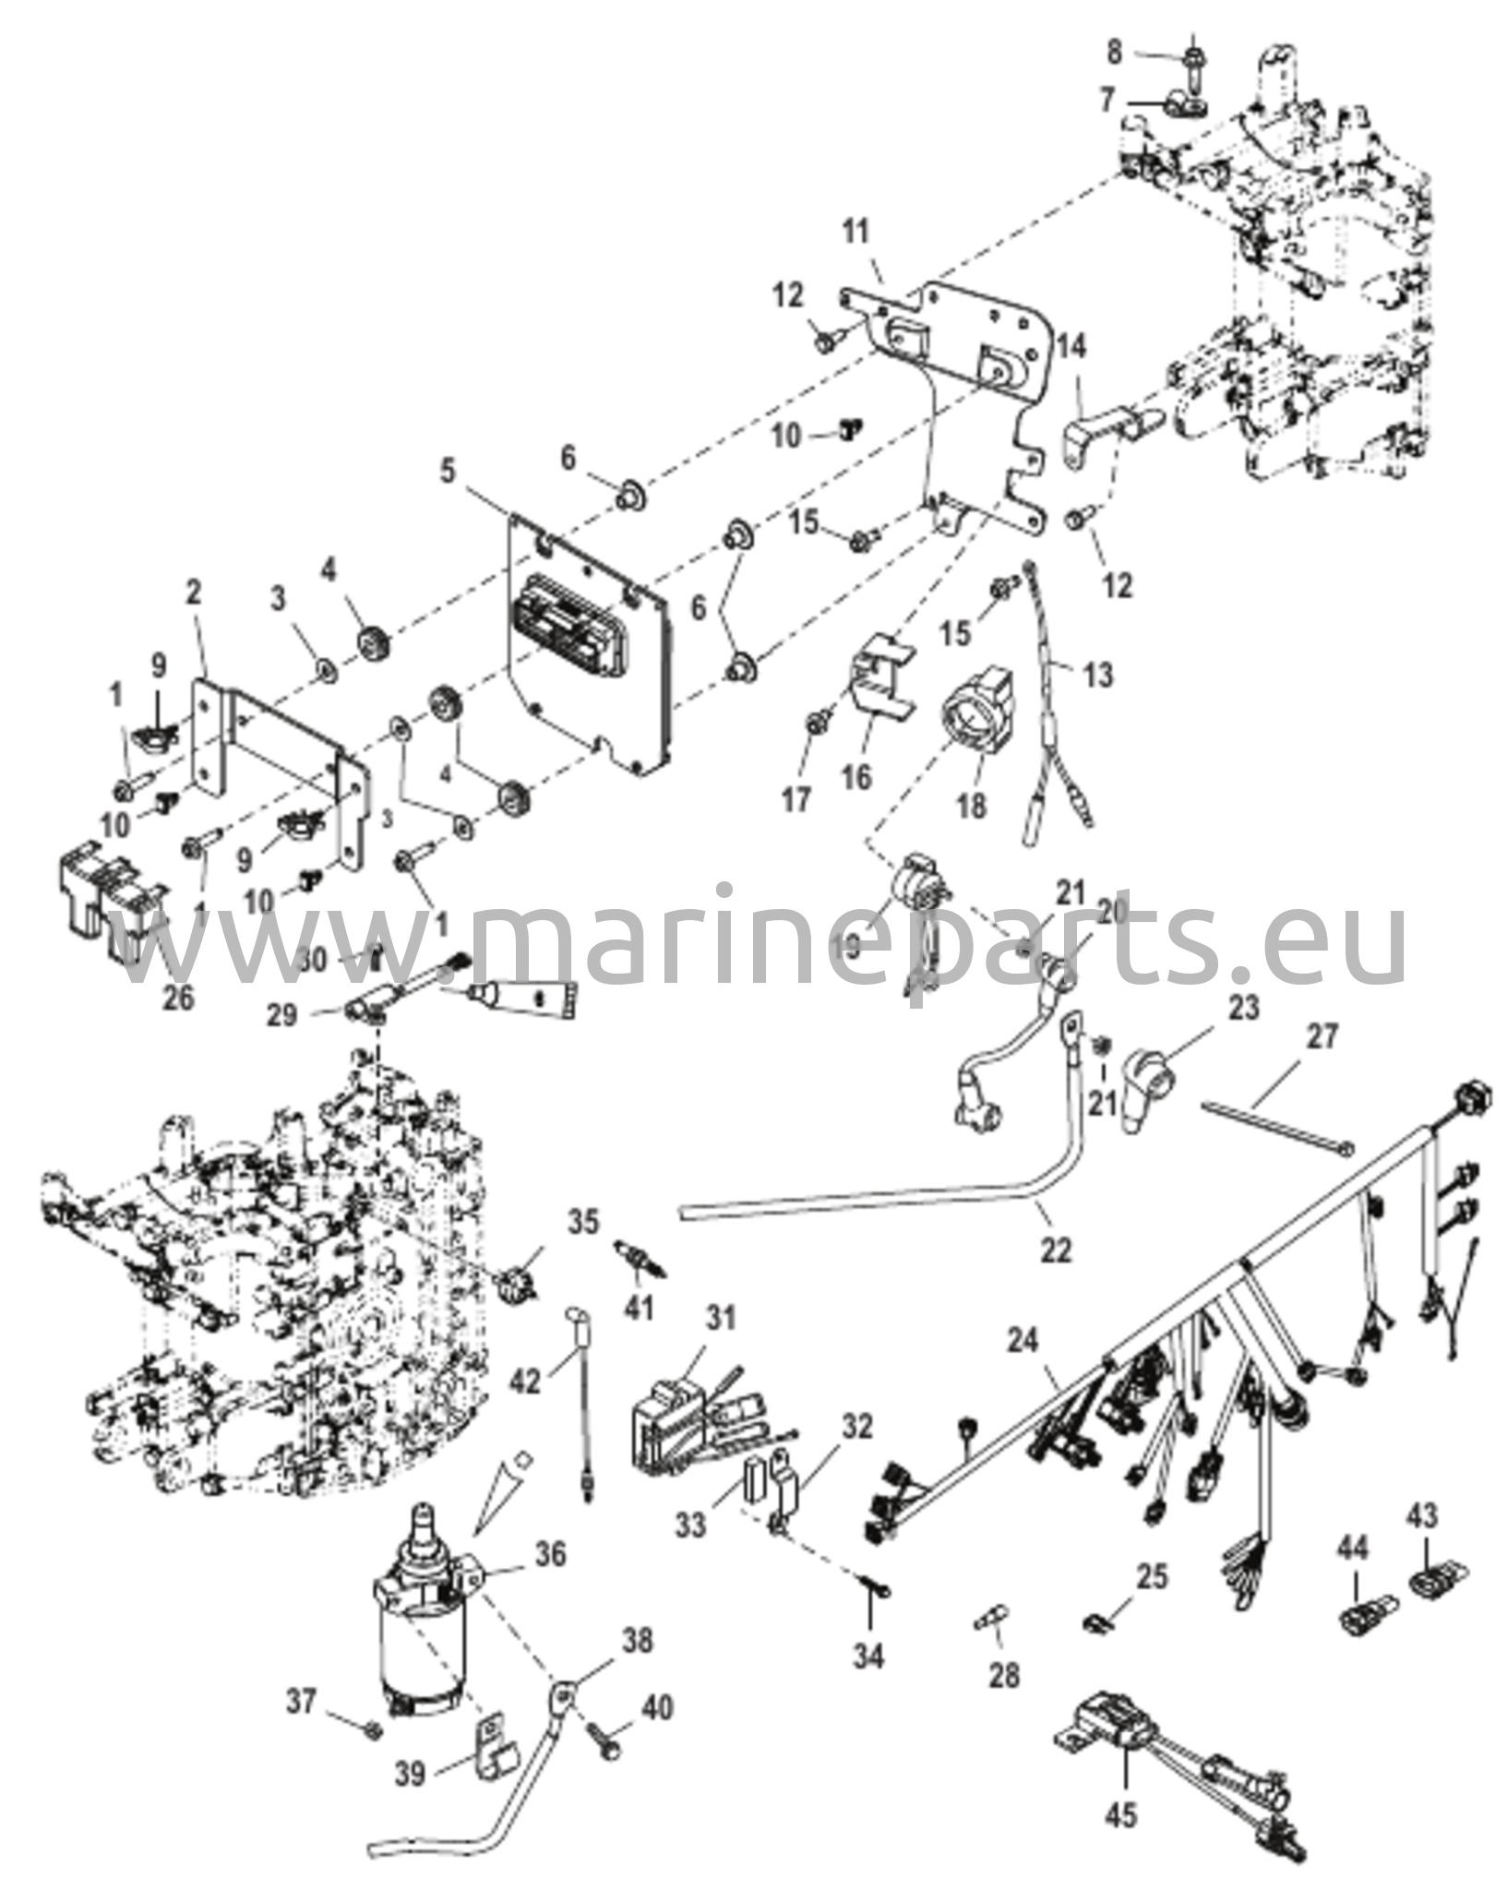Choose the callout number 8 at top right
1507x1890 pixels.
tap(1114, 53)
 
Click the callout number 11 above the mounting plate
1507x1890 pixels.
tap(857, 231)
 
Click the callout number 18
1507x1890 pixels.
tap(972, 805)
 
